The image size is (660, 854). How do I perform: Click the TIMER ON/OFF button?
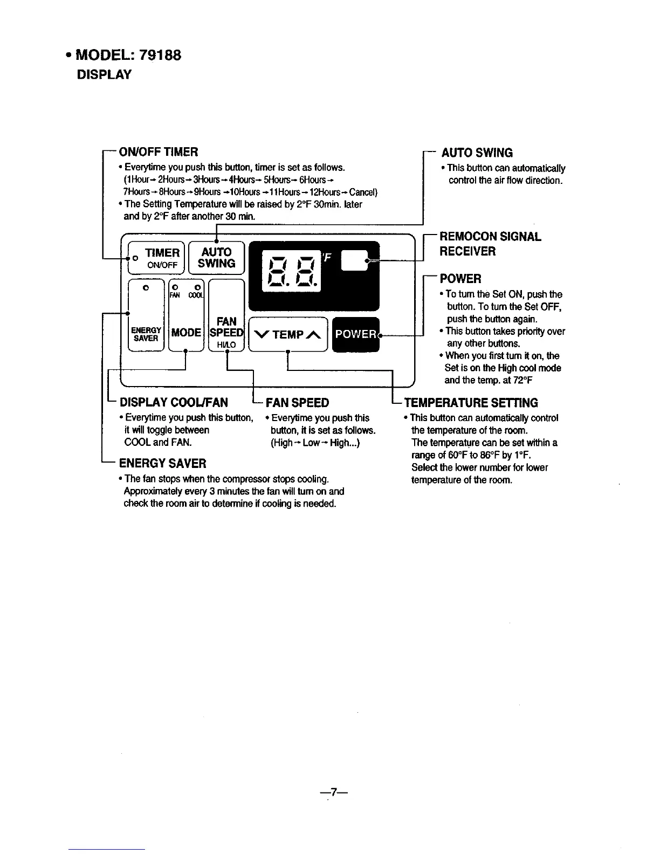(x=156, y=257)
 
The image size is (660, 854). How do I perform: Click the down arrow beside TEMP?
(x=262, y=335)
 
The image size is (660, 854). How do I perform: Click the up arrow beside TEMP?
(x=314, y=335)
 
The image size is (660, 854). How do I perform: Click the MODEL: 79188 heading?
(x=128, y=55)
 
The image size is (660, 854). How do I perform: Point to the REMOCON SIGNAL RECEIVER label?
(x=490, y=244)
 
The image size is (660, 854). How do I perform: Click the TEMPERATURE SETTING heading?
(x=471, y=403)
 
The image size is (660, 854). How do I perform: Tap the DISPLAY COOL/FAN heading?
(x=174, y=403)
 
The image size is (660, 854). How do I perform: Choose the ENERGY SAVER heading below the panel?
(x=162, y=464)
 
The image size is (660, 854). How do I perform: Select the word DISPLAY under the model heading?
(x=104, y=74)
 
